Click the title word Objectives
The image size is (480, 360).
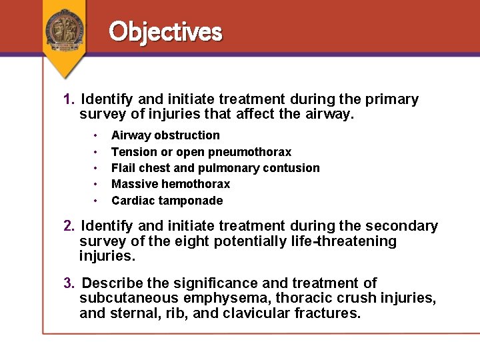(x=165, y=31)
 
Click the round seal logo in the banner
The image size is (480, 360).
(x=65, y=30)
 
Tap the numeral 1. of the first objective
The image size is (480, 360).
(x=69, y=99)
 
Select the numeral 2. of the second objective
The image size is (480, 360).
(x=69, y=226)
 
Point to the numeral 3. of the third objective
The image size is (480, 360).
(x=69, y=283)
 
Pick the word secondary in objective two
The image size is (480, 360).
(x=399, y=226)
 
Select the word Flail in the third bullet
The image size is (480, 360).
(x=123, y=168)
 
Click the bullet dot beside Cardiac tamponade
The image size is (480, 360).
(x=97, y=201)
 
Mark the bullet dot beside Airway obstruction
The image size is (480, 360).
(x=97, y=135)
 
